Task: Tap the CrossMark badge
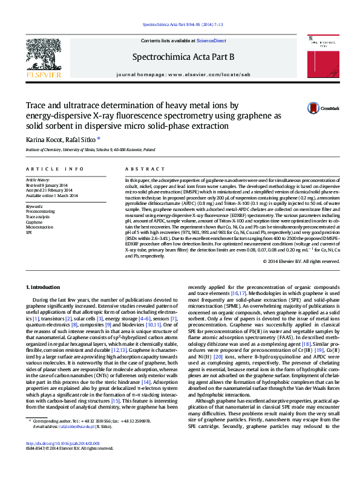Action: [x=317, y=108]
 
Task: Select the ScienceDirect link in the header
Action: [x=212, y=41]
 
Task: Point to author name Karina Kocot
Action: [x=44, y=140]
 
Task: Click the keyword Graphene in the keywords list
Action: [x=34, y=222]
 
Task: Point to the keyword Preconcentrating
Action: [x=40, y=211]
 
